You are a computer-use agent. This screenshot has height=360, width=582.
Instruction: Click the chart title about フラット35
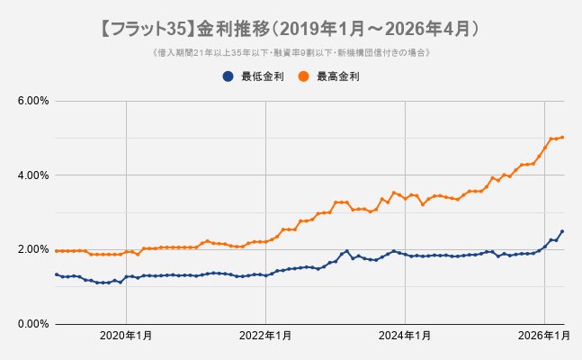291,29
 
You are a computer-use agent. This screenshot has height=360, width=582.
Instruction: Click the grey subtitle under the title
291,53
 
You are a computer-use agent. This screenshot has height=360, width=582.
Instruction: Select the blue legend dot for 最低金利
229,76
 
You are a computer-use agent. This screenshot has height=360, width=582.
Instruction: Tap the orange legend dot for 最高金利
305,76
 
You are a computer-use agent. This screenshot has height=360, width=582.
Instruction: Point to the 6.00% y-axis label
32,100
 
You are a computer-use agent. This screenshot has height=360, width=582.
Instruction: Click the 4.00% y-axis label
32,175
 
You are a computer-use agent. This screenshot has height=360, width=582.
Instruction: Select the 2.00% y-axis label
32,249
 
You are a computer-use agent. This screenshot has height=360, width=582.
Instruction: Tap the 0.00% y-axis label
32,324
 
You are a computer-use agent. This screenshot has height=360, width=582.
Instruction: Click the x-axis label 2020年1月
126,336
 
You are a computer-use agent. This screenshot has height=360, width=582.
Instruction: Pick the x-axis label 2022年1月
266,336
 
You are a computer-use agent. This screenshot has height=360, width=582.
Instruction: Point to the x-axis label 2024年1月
406,336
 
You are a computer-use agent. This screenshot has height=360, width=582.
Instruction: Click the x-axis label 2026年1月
545,336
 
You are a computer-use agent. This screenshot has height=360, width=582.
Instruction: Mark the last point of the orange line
562,138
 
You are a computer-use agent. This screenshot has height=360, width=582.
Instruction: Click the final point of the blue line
562,231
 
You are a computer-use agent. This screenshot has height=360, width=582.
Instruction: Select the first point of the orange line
57,251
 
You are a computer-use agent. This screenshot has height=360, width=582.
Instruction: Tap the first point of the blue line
57,274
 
